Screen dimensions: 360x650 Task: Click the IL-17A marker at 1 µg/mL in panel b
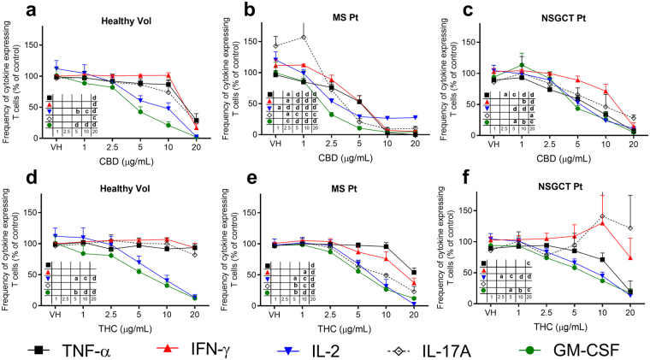point(304,36)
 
